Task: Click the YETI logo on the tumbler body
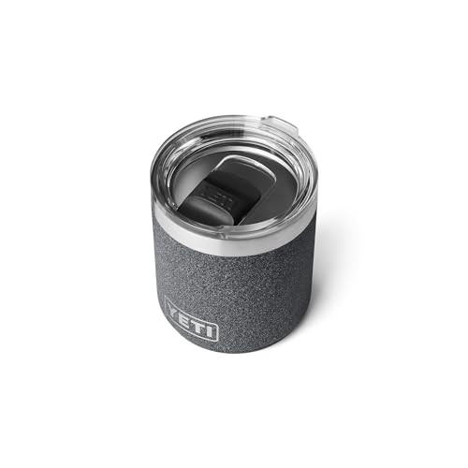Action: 191,318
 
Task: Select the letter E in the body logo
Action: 185,315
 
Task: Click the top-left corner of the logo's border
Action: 165,299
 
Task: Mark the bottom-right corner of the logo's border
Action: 218,339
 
